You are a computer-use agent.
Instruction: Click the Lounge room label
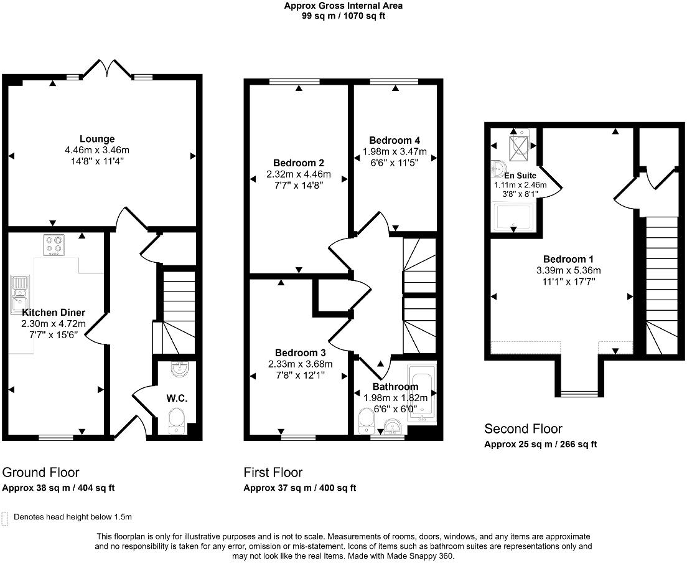(x=96, y=139)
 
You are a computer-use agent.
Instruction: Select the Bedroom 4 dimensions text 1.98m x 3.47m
(x=395, y=151)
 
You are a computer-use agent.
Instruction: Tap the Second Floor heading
(x=523, y=428)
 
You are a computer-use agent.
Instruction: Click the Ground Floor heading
(x=41, y=472)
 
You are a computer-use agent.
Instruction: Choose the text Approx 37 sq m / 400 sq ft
(x=299, y=488)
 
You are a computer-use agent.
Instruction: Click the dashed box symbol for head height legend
(x=6, y=517)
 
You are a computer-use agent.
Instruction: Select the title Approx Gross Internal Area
(x=343, y=6)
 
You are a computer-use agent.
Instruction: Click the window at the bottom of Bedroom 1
(x=579, y=394)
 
